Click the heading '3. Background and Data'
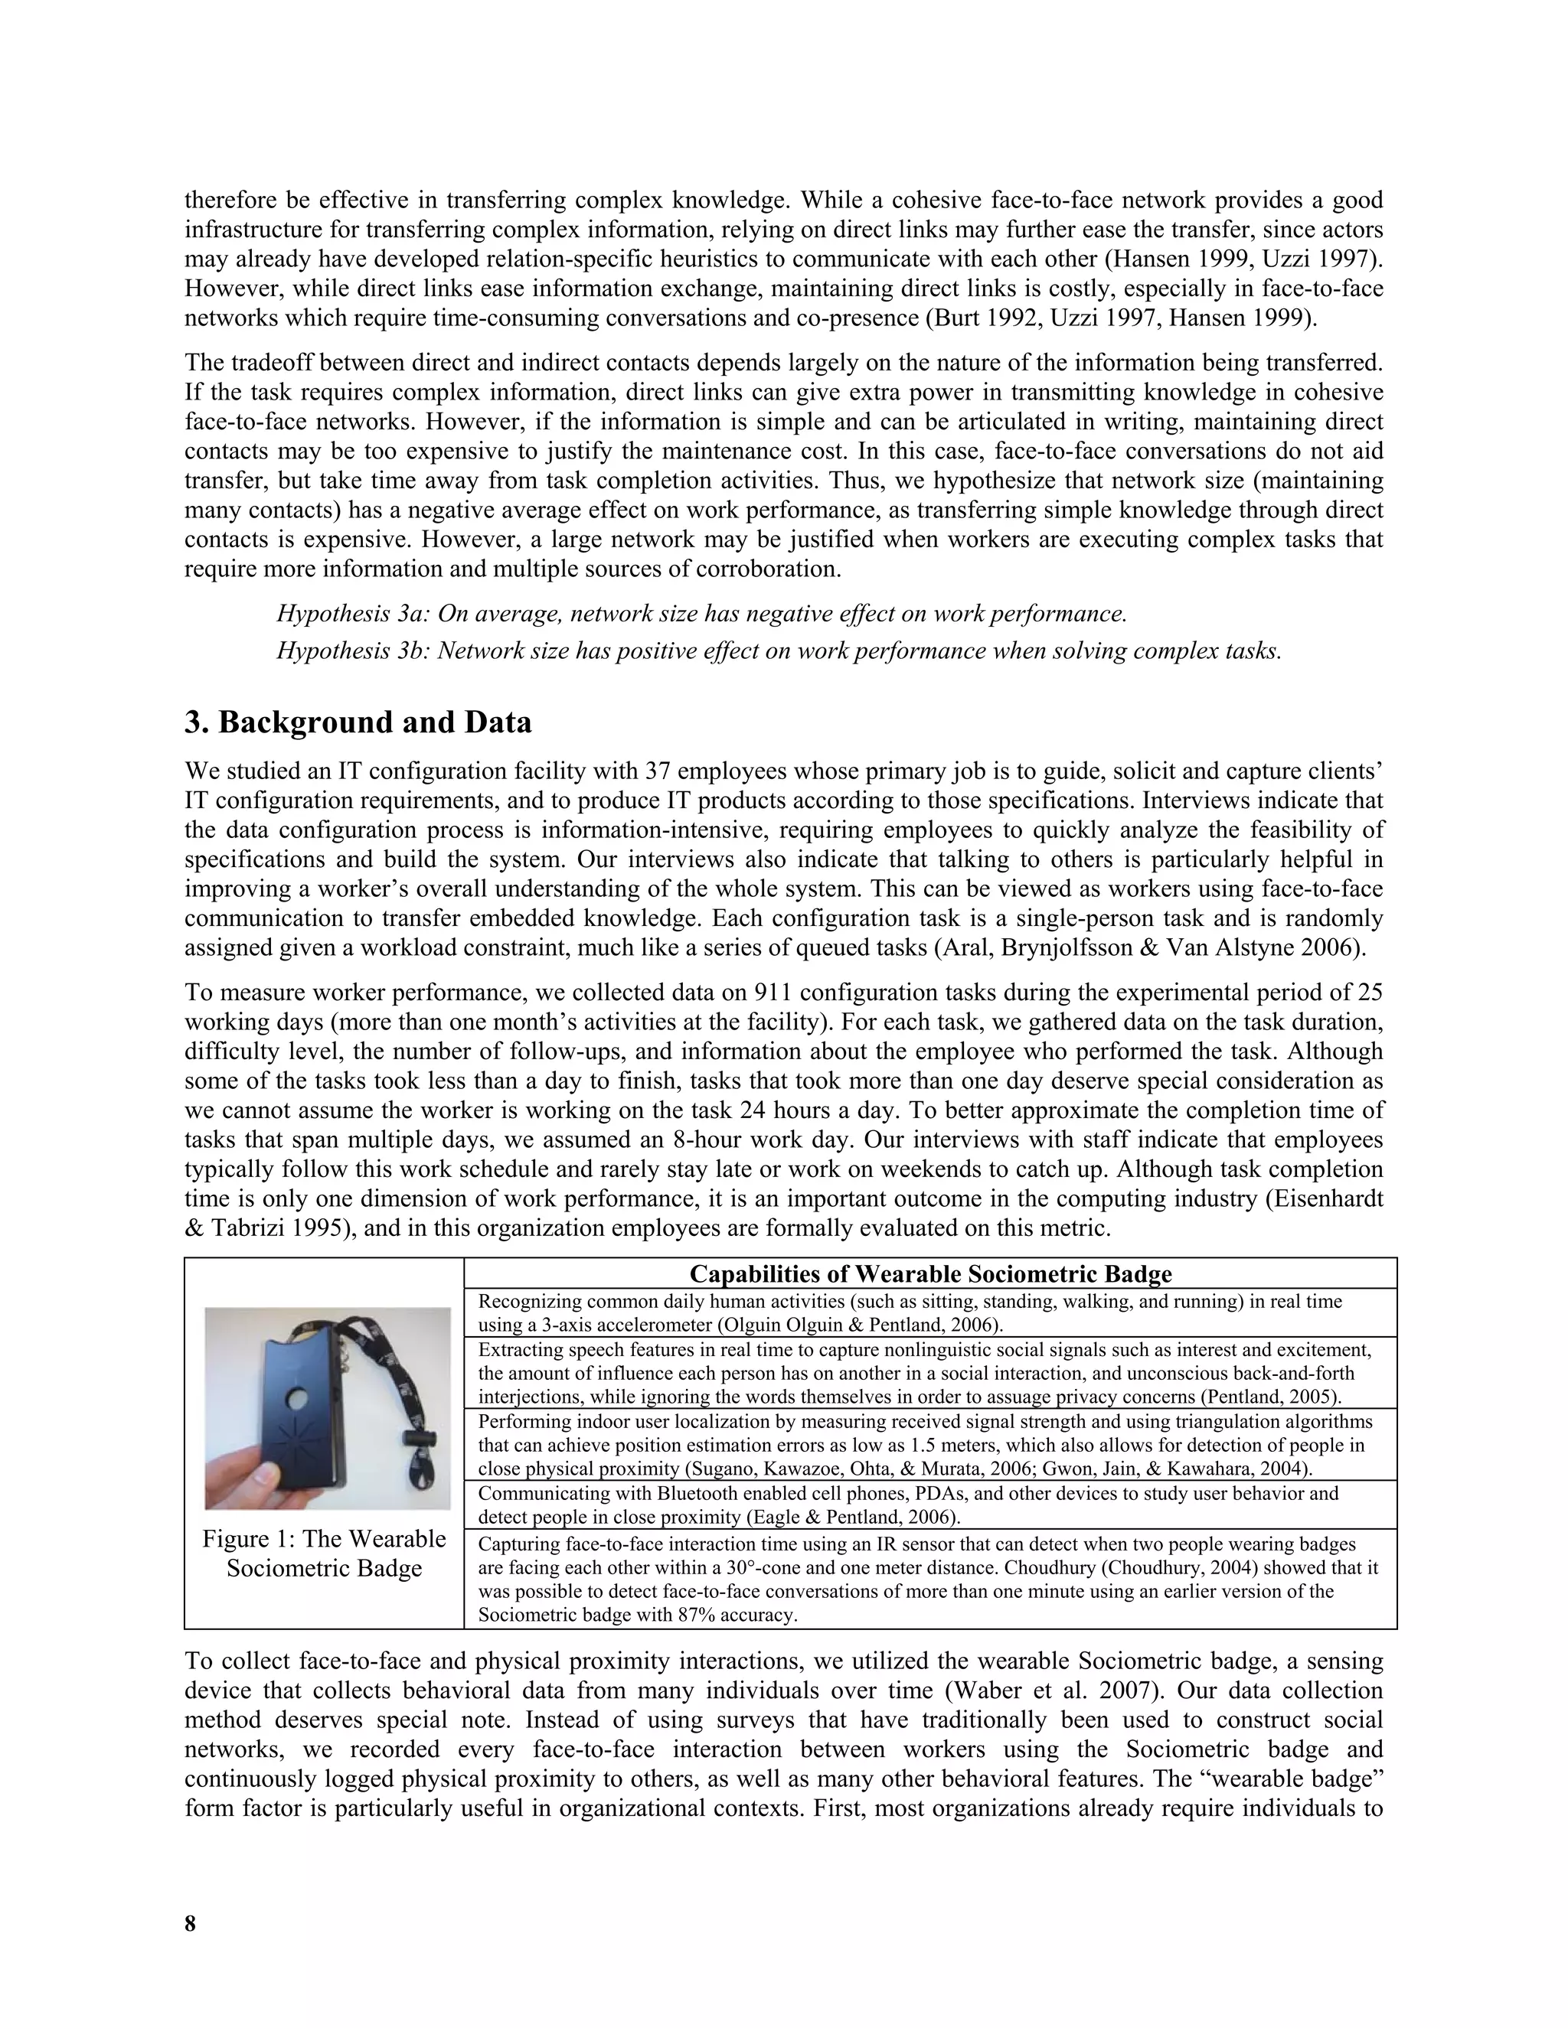358,722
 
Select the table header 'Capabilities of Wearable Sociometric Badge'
929,1273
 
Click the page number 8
191,1923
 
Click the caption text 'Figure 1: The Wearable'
324,1539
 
